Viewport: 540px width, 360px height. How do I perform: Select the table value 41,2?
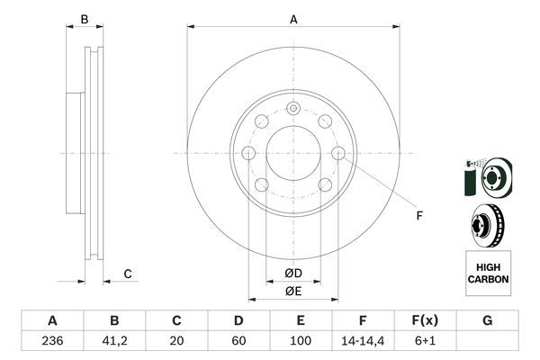(x=114, y=342)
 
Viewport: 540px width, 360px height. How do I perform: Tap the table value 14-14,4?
(x=363, y=342)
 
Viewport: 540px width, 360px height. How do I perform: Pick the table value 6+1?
(x=425, y=342)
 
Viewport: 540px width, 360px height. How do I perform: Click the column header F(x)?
(x=425, y=321)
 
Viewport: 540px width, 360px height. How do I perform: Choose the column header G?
(x=487, y=321)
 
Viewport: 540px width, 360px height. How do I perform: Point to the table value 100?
(x=301, y=342)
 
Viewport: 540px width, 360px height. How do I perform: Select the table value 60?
(x=238, y=342)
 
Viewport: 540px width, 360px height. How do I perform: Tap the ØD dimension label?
(x=292, y=273)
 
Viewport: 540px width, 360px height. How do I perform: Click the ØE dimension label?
(x=292, y=291)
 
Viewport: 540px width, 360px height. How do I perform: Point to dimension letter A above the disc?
(x=293, y=18)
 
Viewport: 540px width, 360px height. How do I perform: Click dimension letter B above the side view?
(x=84, y=18)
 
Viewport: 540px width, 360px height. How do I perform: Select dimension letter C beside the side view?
(x=128, y=274)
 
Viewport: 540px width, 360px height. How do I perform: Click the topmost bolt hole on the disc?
(x=293, y=109)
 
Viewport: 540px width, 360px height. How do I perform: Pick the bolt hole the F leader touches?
(x=338, y=154)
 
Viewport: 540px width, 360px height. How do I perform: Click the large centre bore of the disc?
(x=293, y=154)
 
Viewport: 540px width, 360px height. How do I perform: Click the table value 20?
(x=176, y=342)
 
